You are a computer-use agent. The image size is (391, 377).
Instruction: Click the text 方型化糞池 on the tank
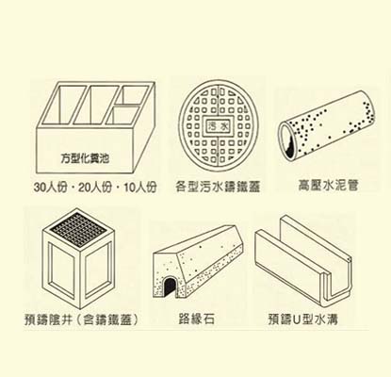tap(85, 158)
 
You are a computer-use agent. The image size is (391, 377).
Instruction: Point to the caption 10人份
tap(140, 188)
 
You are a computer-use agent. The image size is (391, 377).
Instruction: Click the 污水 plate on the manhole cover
tap(218, 126)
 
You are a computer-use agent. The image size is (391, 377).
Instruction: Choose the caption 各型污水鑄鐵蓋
tap(218, 187)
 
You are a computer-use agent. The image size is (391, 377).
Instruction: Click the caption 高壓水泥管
tap(328, 186)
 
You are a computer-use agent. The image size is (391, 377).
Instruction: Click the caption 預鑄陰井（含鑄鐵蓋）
tap(82, 320)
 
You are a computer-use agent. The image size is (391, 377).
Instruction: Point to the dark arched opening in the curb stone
tap(170, 287)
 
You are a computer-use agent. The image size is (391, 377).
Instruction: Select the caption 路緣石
tap(197, 320)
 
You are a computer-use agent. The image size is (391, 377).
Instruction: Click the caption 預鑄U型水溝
tap(303, 320)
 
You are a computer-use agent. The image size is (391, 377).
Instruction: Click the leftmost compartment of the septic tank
tap(64, 104)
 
